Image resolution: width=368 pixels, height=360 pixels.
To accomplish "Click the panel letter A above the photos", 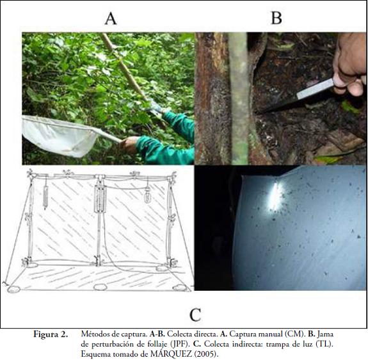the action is click(x=111, y=19).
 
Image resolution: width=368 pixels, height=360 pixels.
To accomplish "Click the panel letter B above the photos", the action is click(x=276, y=18).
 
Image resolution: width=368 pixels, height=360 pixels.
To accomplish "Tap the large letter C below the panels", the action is click(x=195, y=315).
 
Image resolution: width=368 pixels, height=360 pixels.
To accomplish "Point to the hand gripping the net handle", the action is click(x=129, y=145).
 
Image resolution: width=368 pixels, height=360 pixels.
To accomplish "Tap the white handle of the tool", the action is click(x=315, y=89).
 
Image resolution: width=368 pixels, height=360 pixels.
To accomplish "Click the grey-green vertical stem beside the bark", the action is click(x=239, y=99).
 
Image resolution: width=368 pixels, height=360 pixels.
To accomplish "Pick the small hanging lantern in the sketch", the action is click(x=147, y=195).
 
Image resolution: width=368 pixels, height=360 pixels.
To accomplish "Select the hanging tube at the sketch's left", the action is click(x=45, y=197).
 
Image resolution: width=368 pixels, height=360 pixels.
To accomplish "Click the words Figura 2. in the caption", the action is click(x=51, y=334).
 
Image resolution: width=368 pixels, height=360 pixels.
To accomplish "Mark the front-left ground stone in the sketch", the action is click(x=13, y=289).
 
